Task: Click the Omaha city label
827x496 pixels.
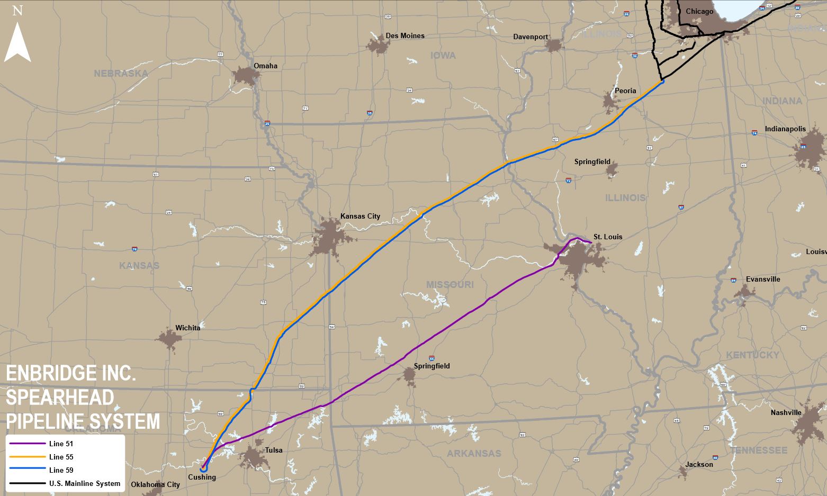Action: pos(265,66)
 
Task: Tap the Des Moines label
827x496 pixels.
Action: pos(405,36)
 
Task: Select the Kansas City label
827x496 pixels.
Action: pos(360,216)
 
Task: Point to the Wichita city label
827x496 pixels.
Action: pos(188,328)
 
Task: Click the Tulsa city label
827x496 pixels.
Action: pos(274,450)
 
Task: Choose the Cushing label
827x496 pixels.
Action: pos(202,477)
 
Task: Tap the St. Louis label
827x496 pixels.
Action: pos(608,237)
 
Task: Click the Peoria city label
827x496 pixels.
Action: pos(625,91)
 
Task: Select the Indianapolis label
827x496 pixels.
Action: pos(785,129)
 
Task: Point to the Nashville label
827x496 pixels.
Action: pos(786,413)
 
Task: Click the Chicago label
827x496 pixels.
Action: pos(699,12)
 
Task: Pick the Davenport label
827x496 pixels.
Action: pos(531,37)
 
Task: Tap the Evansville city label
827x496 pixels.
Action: pos(763,279)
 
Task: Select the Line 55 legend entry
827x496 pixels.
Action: pos(61,457)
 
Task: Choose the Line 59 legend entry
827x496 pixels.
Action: pos(61,470)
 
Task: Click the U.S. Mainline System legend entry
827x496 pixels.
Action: pos(85,483)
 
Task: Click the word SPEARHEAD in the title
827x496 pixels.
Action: pos(60,398)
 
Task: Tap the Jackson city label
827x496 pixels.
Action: pos(699,465)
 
